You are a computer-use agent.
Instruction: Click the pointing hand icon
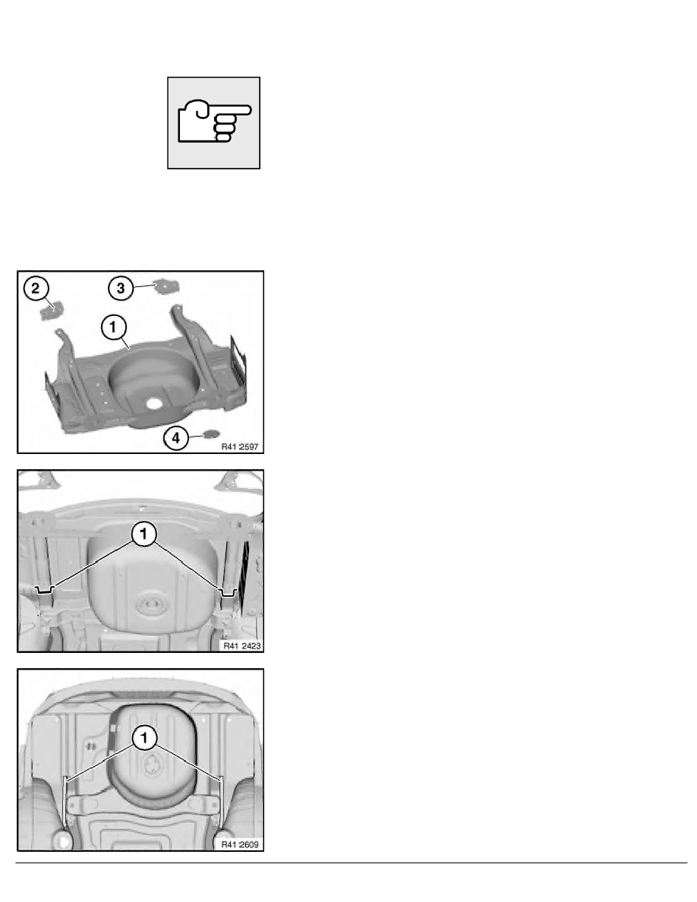click(214, 121)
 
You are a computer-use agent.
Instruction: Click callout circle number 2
click(36, 288)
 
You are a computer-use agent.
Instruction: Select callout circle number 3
click(121, 288)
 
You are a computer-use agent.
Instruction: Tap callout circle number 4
click(176, 438)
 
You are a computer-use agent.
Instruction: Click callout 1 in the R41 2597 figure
click(113, 326)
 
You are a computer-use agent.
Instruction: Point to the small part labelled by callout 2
click(51, 310)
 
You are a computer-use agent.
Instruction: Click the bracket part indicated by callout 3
click(166, 285)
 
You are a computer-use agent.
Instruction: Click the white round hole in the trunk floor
click(154, 403)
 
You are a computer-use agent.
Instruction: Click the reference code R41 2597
click(240, 446)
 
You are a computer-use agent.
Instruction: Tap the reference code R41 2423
click(242, 645)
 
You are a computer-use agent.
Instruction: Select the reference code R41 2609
click(240, 844)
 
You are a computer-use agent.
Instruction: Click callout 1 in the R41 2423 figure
click(143, 533)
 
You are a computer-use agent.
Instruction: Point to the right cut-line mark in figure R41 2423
click(229, 592)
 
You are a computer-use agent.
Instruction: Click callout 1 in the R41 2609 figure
click(144, 737)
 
